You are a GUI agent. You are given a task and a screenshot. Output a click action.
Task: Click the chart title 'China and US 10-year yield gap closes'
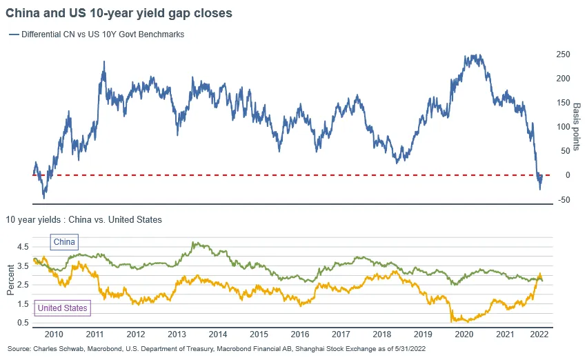tap(119, 13)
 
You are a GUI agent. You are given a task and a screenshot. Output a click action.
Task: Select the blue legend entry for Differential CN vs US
tap(97, 34)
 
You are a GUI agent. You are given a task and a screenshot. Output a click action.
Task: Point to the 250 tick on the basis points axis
tap(563, 54)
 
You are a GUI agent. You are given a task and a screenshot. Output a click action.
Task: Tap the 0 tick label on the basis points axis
tap(568, 175)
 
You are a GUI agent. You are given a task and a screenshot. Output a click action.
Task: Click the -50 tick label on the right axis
tap(564, 199)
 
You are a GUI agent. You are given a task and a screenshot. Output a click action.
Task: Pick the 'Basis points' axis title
tap(577, 127)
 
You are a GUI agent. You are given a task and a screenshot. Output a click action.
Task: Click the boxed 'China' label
tap(64, 242)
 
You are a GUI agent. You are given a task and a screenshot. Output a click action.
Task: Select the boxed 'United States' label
tap(63, 308)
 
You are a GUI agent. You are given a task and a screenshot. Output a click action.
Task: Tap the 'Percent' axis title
tap(10, 280)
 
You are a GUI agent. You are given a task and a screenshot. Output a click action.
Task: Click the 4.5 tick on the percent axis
tap(23, 247)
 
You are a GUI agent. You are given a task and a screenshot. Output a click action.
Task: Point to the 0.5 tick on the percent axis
tap(23, 323)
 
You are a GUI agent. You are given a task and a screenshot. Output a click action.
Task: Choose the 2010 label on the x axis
tap(54, 334)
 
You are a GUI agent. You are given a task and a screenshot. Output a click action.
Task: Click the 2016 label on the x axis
tap(300, 334)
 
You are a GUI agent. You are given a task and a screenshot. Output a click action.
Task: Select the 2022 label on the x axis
tap(539, 334)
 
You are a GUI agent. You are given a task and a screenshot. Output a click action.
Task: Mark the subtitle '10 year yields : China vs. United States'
tap(84, 220)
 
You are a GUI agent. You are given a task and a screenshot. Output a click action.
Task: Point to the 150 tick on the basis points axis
tap(563, 103)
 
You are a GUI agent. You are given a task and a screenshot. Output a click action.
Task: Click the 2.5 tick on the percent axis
tap(23, 285)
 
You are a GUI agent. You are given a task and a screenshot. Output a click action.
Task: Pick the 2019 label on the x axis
tap(423, 334)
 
